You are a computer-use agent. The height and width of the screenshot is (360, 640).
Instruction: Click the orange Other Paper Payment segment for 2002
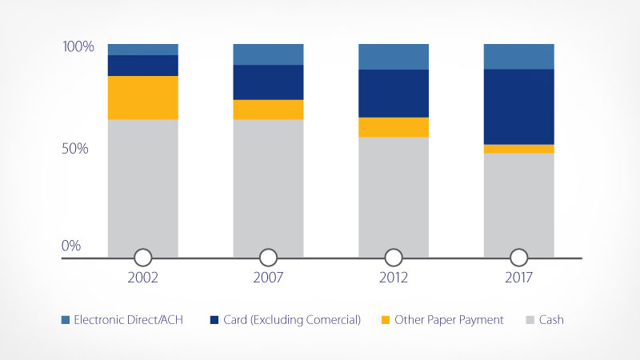(142, 98)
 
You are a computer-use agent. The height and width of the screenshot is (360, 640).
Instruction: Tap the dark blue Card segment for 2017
(518, 106)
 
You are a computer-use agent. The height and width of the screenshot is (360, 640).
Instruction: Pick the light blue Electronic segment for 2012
(393, 56)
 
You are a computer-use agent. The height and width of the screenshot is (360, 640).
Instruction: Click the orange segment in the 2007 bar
(268, 110)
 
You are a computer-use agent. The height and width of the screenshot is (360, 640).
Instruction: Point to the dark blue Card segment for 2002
(142, 65)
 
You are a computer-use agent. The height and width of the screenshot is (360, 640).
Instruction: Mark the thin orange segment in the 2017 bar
(518, 149)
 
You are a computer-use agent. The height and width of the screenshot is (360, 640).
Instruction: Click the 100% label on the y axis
(78, 47)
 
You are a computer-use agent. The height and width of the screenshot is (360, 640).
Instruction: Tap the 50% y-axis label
(78, 149)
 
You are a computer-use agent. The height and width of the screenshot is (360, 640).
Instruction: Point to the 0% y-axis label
(72, 246)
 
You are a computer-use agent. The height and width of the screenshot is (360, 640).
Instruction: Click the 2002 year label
(142, 279)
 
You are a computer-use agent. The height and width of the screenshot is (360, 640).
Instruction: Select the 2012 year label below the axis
(393, 279)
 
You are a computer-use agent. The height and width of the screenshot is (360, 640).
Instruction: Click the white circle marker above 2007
(268, 258)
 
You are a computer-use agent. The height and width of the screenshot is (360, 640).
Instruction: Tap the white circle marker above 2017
(518, 258)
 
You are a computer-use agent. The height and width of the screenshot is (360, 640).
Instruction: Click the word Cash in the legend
(550, 320)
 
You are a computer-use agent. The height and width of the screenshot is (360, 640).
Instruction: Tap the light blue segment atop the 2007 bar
(268, 54)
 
